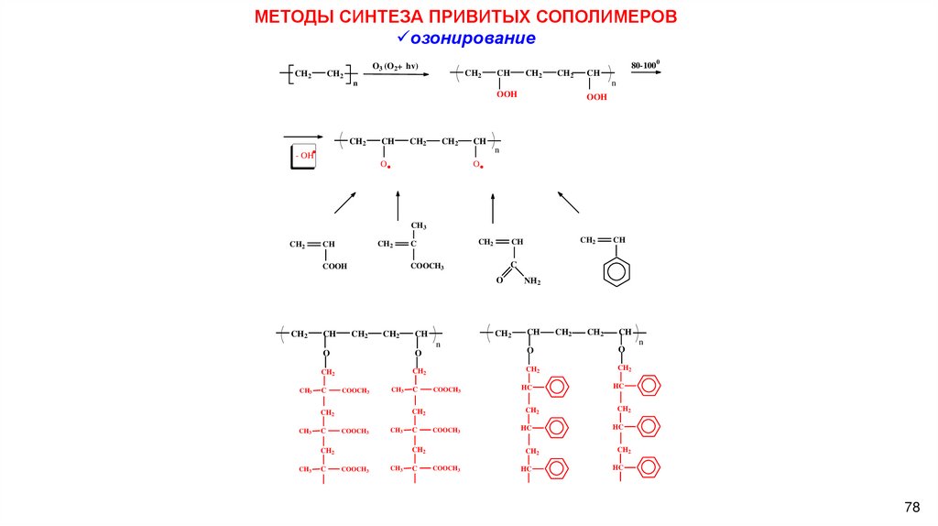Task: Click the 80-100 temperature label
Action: [x=645, y=66]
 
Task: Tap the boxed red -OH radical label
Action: [x=305, y=156]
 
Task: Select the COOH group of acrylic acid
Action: [x=334, y=266]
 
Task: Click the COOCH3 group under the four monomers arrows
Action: [x=427, y=266]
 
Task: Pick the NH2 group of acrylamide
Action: [x=533, y=281]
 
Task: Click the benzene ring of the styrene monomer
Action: [x=619, y=272]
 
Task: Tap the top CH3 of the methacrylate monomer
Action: [x=419, y=225]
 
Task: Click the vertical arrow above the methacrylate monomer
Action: [x=398, y=205]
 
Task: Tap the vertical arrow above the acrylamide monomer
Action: [x=493, y=208]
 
